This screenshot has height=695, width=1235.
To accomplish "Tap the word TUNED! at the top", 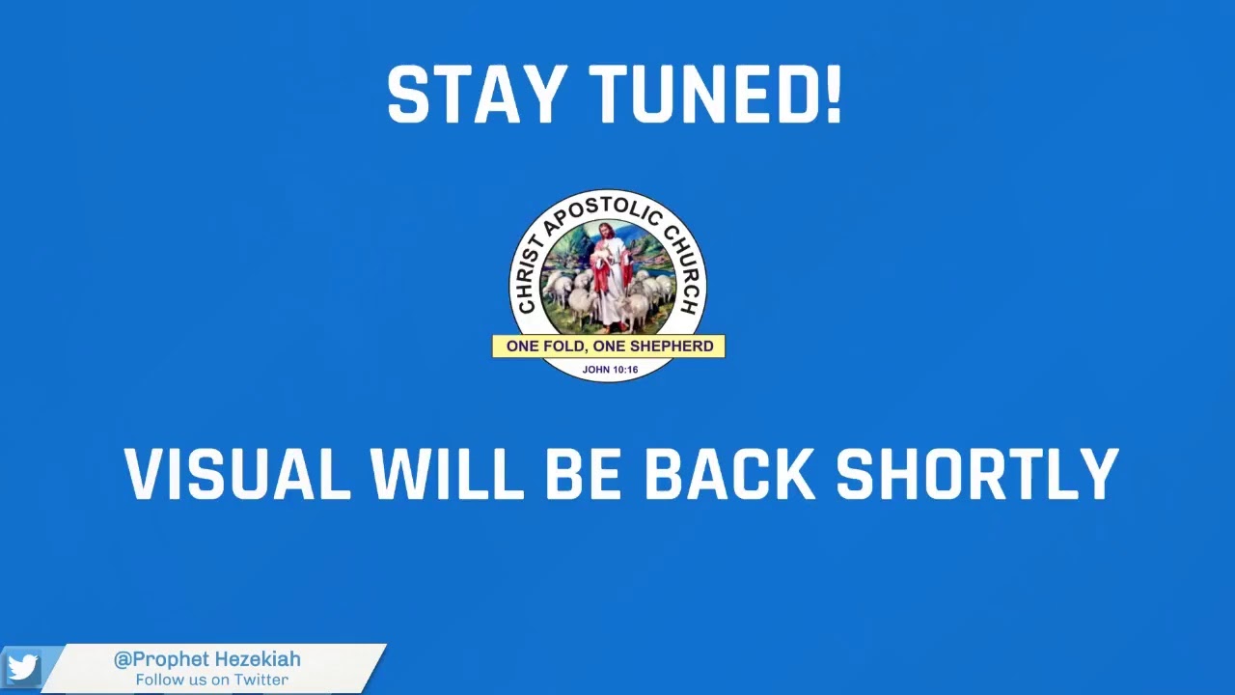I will (715, 96).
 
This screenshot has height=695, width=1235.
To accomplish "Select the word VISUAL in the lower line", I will (237, 474).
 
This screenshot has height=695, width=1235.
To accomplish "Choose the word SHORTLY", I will (976, 474).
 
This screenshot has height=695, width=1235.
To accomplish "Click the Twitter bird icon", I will (21, 668).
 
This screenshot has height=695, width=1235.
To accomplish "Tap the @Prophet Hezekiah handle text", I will (207, 659).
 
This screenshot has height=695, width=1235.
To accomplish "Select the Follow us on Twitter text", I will (211, 680).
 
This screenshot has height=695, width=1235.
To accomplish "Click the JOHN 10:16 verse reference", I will (610, 370).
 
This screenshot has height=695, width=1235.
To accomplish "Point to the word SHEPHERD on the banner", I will (672, 346).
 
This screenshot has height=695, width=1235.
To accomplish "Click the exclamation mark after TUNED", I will (835, 96).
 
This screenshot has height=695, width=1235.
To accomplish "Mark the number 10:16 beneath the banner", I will (624, 370).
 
